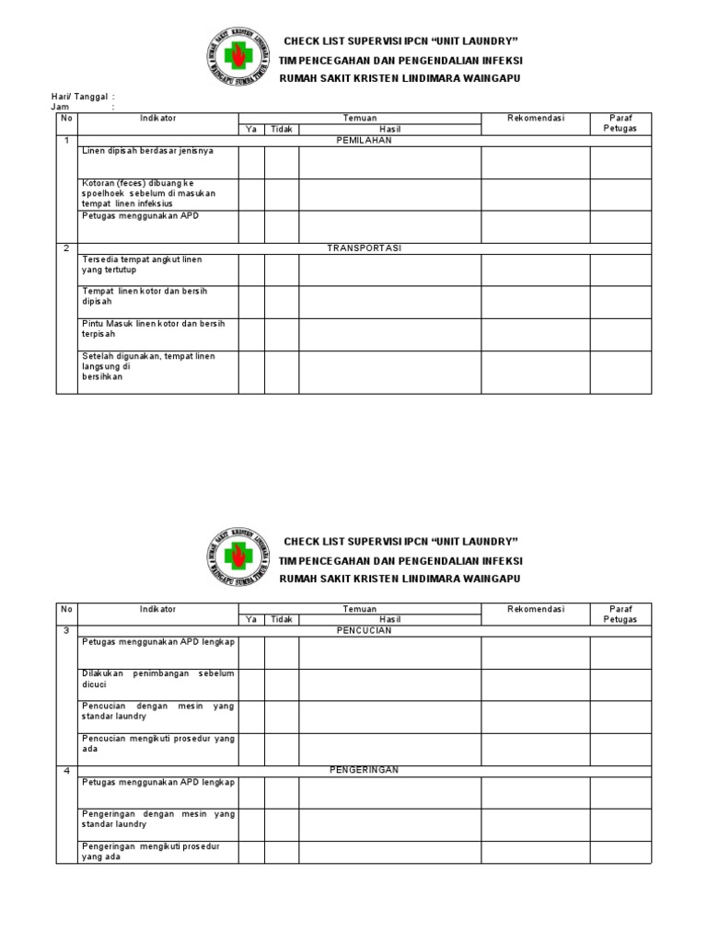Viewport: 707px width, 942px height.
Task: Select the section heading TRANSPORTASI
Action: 364,248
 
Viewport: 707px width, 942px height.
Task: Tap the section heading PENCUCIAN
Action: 364,631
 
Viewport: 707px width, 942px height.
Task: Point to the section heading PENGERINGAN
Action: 364,770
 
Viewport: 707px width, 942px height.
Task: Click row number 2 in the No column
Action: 66,248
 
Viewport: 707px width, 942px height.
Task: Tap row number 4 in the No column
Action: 66,770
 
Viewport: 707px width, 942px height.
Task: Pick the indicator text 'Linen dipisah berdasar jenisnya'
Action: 147,150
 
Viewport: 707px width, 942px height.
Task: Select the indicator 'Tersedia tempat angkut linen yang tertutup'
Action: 143,265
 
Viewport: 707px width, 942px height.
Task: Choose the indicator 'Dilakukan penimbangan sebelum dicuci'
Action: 157,679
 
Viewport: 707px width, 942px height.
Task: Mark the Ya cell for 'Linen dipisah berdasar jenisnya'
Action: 251,163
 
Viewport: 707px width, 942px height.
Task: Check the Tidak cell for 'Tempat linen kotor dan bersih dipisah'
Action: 282,302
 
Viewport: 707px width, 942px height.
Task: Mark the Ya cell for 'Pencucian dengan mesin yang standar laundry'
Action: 251,717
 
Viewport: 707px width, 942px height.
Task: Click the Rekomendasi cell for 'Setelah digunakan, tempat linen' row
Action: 535,372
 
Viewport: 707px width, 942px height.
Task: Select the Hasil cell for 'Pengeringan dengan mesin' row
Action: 389,824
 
